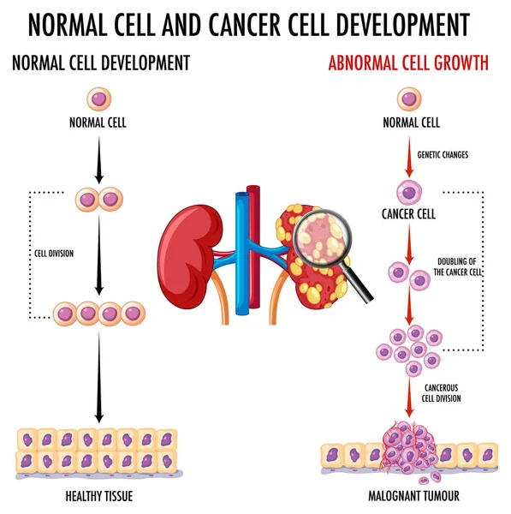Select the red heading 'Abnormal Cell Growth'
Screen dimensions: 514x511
(409, 63)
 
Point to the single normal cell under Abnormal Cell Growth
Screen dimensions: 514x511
(409, 99)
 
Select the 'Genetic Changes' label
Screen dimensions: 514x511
(443, 155)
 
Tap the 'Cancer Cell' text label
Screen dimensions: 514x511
(408, 214)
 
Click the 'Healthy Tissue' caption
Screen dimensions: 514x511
(98, 496)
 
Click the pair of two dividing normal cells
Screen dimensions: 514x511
(98, 200)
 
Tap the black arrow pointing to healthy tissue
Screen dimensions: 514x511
(98, 377)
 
